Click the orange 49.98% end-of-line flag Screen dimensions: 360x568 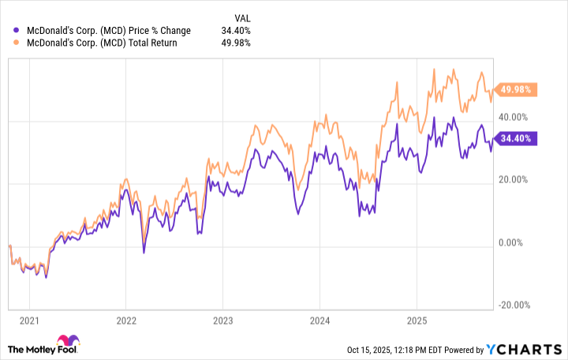tap(516, 89)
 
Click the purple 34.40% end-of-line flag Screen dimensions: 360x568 tap(516, 138)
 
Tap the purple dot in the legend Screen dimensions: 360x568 tap(17, 30)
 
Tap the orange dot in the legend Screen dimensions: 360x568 tap(17, 43)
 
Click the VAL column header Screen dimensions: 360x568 tap(245, 17)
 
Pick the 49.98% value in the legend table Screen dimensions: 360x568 tap(237, 43)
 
